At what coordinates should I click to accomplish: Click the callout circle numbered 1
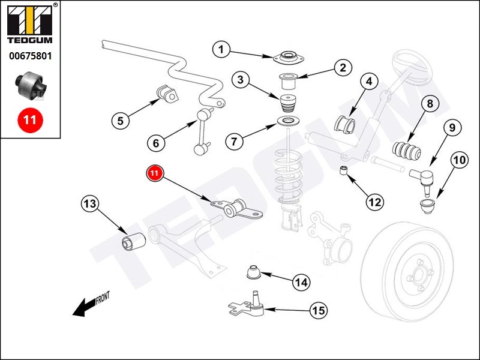click(x=221, y=49)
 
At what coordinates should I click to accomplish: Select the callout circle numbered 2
click(x=343, y=67)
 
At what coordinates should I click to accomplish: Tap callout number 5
click(x=120, y=121)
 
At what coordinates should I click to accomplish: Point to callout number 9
click(x=452, y=127)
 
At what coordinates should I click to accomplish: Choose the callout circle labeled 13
click(x=89, y=204)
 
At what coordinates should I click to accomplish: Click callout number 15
click(x=319, y=310)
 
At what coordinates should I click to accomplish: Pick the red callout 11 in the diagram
click(x=155, y=173)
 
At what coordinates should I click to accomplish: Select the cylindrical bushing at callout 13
click(x=130, y=242)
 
